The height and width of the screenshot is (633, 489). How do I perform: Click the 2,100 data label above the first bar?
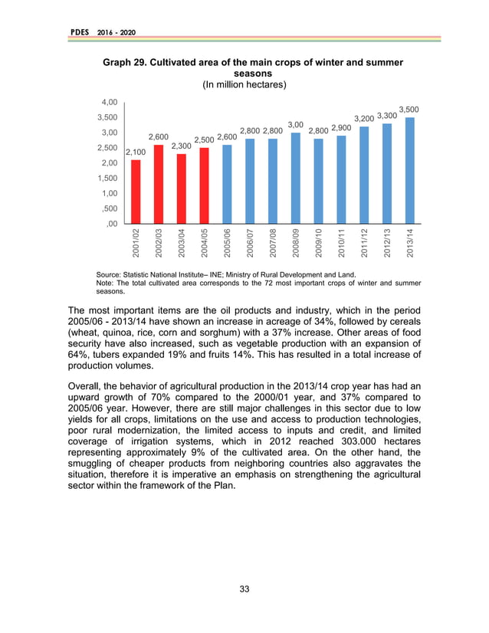[136, 153]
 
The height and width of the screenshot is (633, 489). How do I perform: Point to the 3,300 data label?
[387, 116]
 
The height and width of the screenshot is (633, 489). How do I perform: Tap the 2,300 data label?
[181, 146]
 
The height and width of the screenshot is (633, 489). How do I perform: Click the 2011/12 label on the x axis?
[365, 242]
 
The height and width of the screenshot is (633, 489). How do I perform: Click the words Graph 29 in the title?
[117, 61]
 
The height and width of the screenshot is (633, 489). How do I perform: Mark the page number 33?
[244, 589]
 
